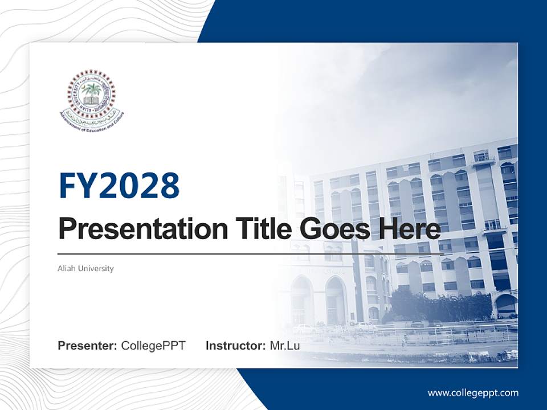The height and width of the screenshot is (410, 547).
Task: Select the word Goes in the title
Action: [x=332, y=229]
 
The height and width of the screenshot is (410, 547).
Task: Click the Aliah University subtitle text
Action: [x=85, y=268]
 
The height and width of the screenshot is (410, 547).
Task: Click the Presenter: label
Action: [x=87, y=346]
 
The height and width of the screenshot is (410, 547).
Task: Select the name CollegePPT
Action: [x=153, y=346]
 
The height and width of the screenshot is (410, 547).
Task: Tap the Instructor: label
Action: [x=235, y=346]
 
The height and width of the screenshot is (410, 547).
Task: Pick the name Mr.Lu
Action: [x=284, y=346]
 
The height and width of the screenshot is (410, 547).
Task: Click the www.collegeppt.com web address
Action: [x=473, y=393]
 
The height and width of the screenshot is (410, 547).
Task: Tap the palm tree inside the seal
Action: [x=91, y=90]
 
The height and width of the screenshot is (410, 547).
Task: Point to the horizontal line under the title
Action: [x=251, y=253]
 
